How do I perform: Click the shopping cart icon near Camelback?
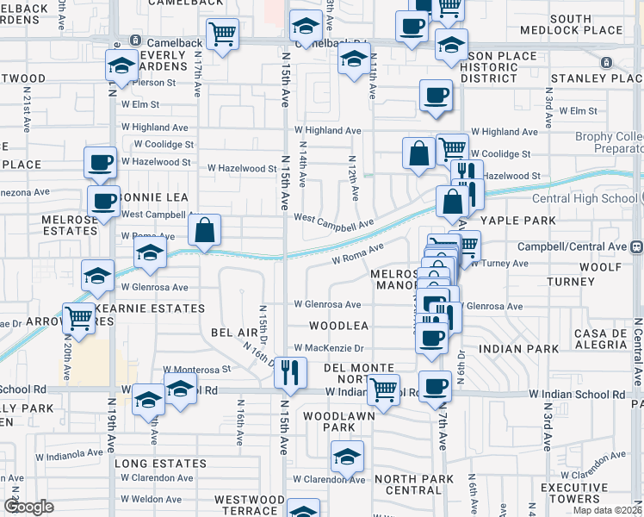223,35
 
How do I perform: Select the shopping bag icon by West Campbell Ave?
204,230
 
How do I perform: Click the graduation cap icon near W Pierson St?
122,65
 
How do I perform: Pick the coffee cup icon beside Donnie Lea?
103,202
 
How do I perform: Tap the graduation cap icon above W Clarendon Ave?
347,456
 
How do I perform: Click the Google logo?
28,507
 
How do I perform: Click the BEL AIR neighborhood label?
234,332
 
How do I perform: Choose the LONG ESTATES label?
161,464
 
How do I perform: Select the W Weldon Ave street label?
152,499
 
